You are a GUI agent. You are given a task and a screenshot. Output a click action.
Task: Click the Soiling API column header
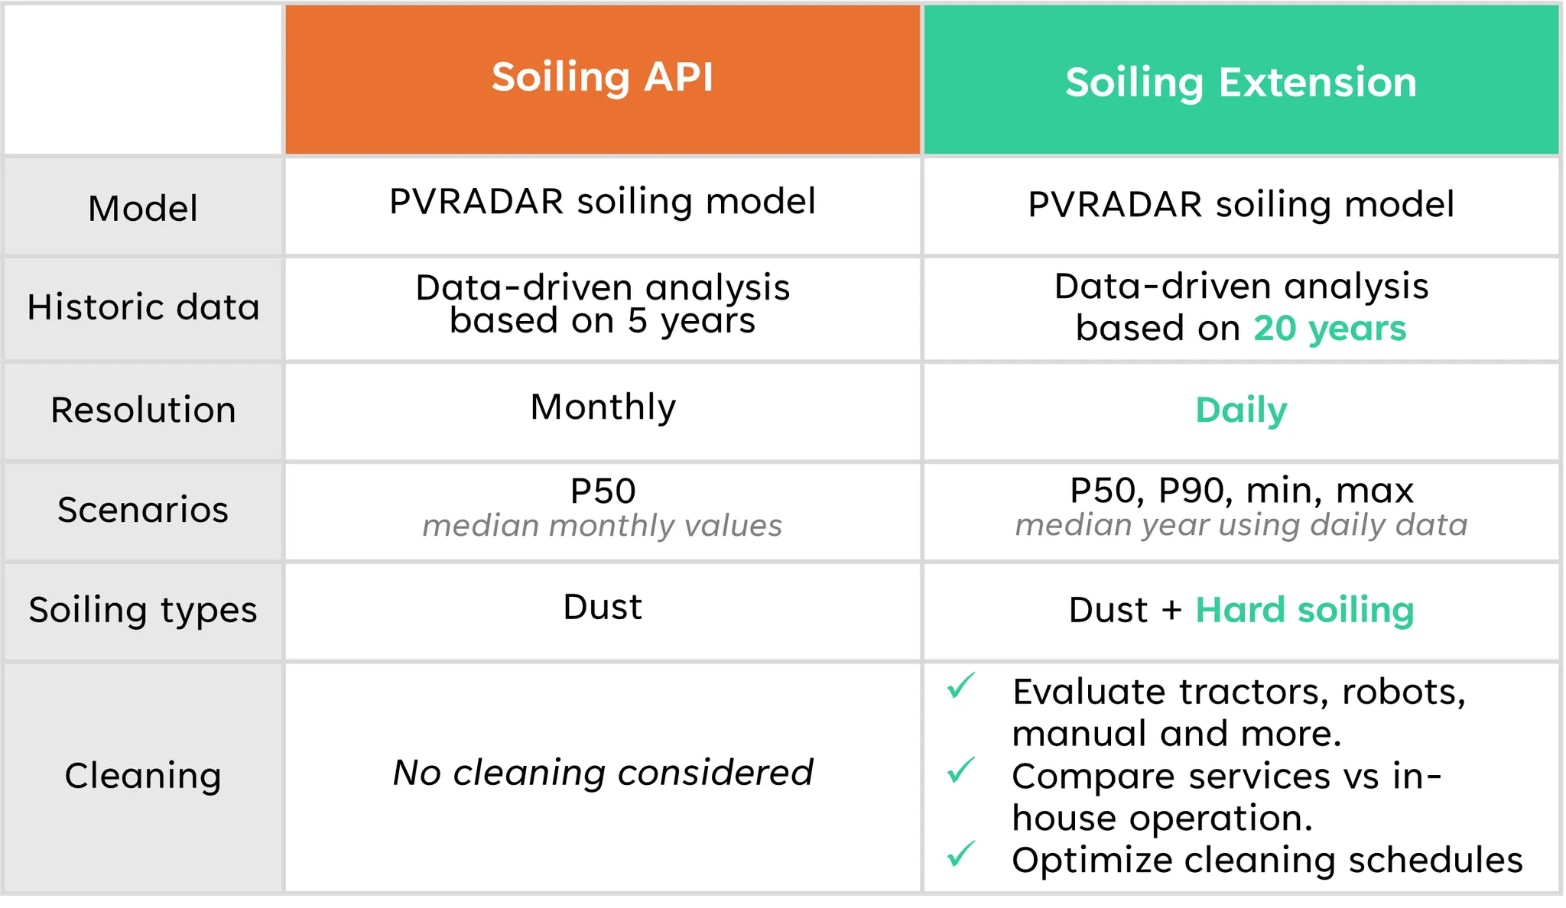[603, 78]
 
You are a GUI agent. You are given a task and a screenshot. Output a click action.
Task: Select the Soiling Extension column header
[1241, 83]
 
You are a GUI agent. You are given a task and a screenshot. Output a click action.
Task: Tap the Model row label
[143, 209]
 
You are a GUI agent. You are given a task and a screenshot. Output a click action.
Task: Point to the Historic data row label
[144, 307]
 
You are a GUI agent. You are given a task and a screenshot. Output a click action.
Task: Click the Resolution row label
[144, 410]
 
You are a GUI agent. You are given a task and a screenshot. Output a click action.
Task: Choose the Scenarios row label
[143, 510]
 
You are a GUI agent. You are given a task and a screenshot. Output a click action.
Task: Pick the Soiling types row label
[143, 610]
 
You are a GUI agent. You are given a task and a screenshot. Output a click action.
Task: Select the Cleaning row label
[143, 776]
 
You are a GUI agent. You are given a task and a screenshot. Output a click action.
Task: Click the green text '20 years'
[1330, 329]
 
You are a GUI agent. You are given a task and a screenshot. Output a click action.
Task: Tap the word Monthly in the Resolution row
[603, 407]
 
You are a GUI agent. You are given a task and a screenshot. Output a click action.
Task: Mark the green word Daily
[1241, 411]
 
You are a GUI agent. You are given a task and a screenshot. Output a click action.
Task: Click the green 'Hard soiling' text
[1304, 611]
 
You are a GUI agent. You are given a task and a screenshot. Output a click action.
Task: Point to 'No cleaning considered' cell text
[603, 773]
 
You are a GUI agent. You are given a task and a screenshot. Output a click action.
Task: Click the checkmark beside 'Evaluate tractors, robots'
[961, 686]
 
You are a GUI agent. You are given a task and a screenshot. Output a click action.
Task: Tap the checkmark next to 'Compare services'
[961, 770]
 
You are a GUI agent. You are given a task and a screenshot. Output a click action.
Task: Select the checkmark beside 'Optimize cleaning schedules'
[961, 854]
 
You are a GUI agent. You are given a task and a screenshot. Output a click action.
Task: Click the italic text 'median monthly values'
[603, 526]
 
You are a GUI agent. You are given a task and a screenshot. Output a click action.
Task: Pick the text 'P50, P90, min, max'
[1242, 491]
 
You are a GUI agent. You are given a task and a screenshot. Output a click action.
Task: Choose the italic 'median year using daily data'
[1242, 525]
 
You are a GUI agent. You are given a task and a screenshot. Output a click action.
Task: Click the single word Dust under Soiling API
[603, 608]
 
